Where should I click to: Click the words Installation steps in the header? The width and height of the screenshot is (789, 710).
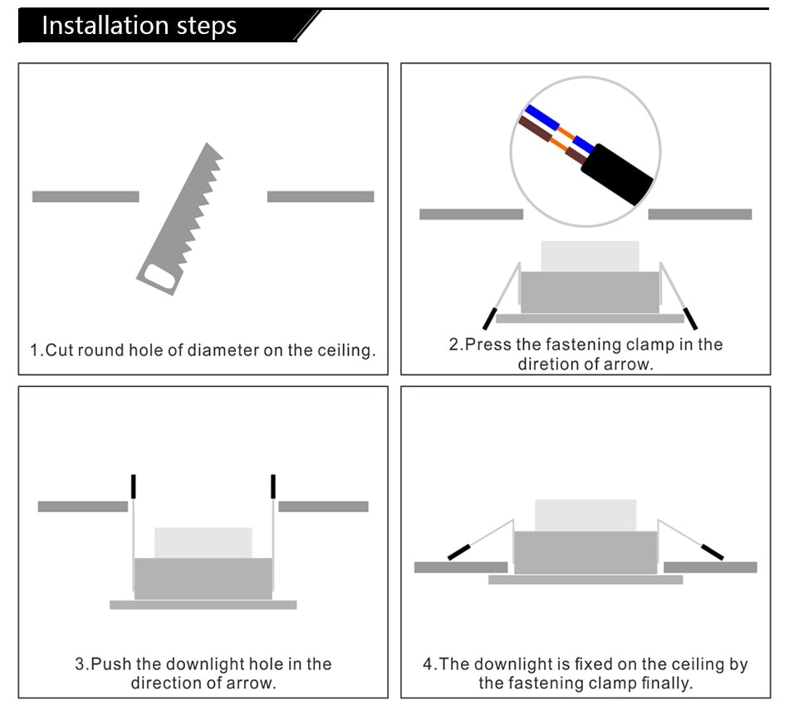(x=139, y=26)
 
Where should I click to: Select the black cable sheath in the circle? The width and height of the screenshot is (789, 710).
(x=617, y=174)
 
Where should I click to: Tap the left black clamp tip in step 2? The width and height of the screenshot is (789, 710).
(x=489, y=319)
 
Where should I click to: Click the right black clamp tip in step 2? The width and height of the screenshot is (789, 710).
(x=690, y=319)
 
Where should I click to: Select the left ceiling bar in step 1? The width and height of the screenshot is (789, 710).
(x=86, y=197)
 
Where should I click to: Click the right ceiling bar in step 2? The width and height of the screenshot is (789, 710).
(x=699, y=214)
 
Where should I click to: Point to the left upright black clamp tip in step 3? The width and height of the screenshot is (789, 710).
(x=133, y=486)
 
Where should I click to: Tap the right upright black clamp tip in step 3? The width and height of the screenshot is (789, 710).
(x=272, y=486)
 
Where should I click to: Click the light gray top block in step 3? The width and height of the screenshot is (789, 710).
(x=203, y=542)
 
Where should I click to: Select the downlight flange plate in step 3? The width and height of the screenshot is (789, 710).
(x=203, y=605)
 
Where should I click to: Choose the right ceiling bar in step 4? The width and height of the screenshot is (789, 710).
(x=710, y=567)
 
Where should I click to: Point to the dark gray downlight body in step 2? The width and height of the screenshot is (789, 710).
(x=589, y=291)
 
